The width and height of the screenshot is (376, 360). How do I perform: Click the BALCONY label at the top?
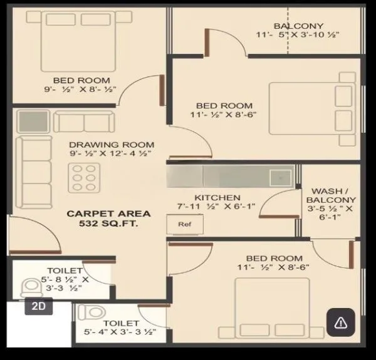coord(290,26)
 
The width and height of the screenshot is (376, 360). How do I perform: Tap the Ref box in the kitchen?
coord(184,224)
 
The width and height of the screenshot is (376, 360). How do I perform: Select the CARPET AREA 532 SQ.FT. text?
coord(108,219)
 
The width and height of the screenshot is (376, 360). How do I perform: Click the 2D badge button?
coord(38,307)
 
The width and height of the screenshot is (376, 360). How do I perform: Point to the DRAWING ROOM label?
coord(111,144)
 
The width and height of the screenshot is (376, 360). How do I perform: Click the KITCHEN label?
coord(217,197)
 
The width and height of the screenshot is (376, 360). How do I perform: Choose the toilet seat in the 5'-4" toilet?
coord(92,311)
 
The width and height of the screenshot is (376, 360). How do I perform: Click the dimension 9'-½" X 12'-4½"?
coord(111,153)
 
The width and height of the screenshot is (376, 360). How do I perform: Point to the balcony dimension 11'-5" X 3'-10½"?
coord(290,35)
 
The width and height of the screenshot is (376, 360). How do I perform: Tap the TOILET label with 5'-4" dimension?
coord(120,323)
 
